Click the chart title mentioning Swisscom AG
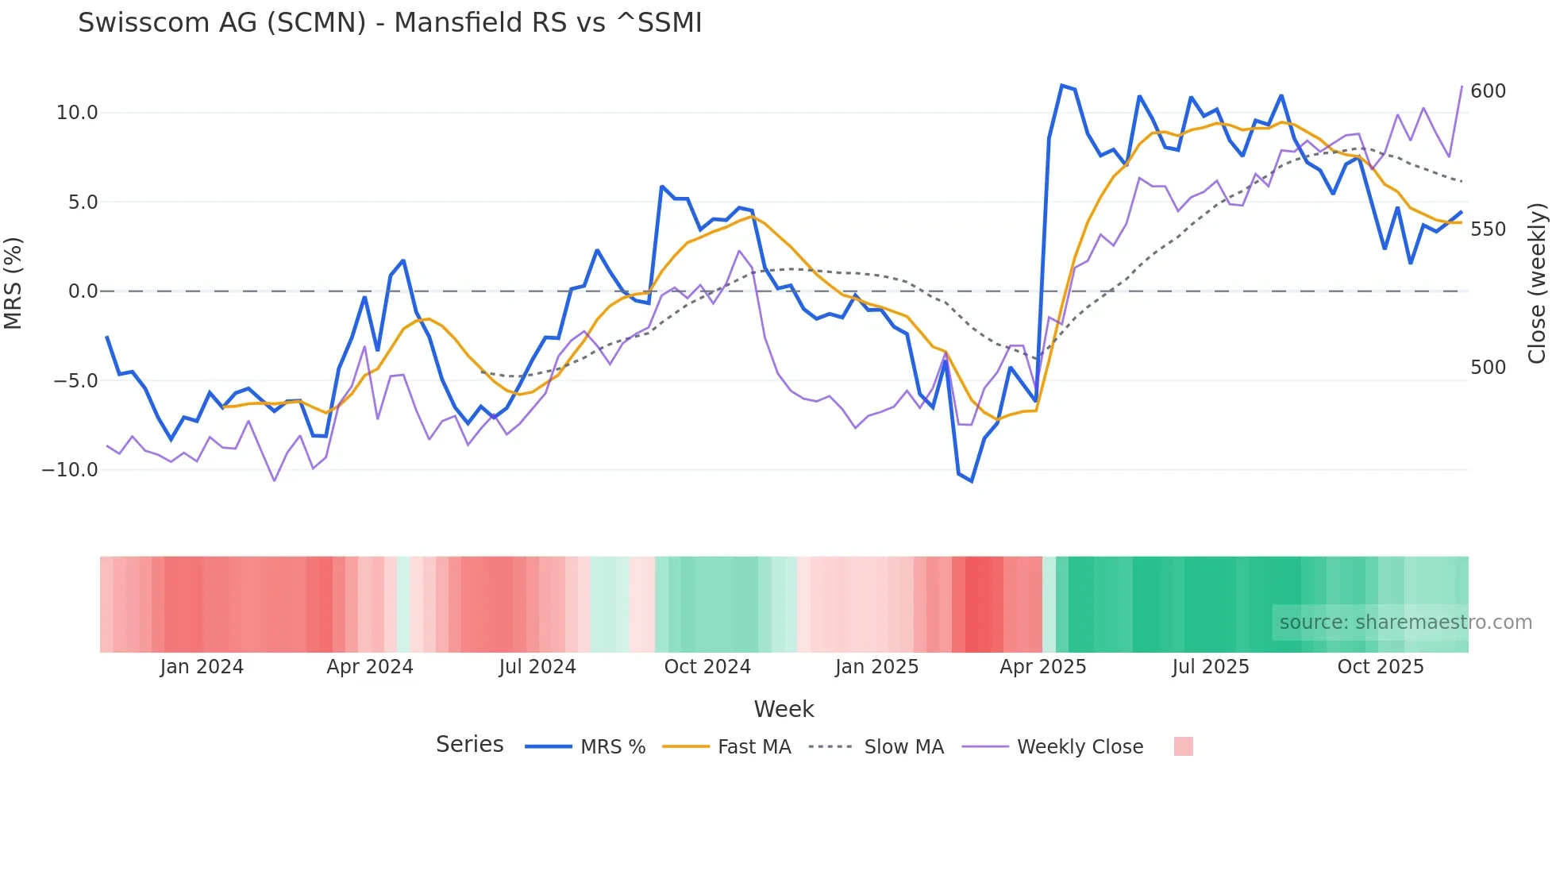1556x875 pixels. point(390,23)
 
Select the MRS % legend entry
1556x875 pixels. point(585,747)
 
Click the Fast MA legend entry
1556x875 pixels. point(726,747)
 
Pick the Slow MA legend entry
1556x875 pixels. point(876,747)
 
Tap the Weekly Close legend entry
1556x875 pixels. point(1053,747)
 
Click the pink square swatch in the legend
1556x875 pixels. point(1183,747)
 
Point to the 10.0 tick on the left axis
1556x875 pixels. point(77,113)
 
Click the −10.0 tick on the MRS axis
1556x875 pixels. point(70,470)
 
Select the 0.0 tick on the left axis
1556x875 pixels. point(83,291)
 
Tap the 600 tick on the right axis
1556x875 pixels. point(1488,91)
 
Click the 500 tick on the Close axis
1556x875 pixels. point(1488,368)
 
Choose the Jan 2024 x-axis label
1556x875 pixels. point(202,667)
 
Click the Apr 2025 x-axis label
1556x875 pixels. point(1042,667)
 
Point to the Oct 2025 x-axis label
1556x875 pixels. point(1381,667)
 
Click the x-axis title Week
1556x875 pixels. point(784,709)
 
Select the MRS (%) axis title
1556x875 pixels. point(13,283)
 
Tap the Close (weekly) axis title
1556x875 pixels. point(1537,283)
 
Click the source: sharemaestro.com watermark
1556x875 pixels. point(1405,623)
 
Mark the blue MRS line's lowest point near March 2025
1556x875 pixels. point(971,481)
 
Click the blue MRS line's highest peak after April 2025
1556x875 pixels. point(1062,85)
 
